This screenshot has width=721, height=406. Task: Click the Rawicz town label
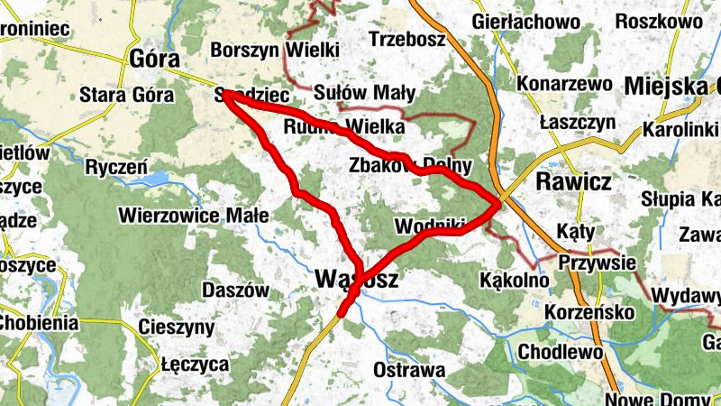573,182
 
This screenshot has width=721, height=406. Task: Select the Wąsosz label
358,280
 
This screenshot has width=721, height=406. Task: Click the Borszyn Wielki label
273,49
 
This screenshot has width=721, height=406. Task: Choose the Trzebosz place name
407,40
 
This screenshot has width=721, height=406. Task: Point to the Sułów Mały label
365,92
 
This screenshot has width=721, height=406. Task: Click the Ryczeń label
115,167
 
